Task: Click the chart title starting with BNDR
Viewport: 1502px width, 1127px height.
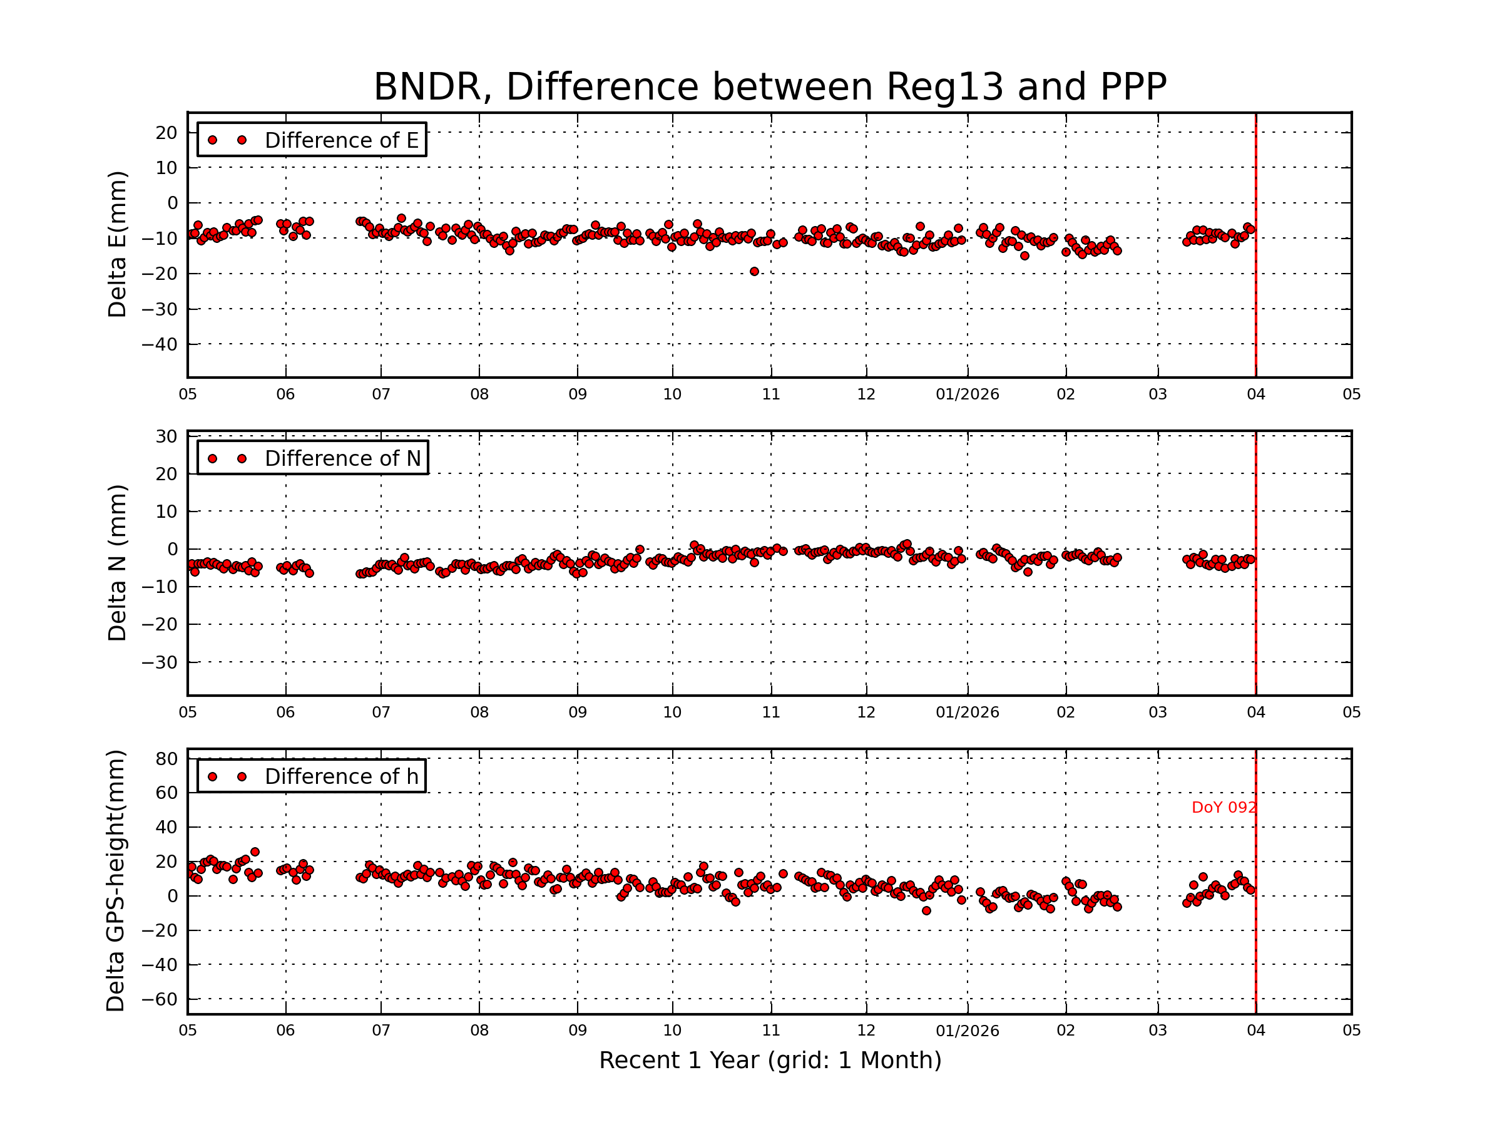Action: click(x=769, y=87)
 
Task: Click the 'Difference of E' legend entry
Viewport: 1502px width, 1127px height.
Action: click(x=341, y=140)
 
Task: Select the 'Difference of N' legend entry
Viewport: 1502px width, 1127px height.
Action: click(x=342, y=458)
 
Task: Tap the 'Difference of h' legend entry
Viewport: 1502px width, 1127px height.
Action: click(x=341, y=776)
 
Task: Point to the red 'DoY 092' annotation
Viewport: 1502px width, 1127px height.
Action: click(x=1223, y=808)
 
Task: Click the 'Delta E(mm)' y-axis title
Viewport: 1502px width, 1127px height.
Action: click(x=117, y=245)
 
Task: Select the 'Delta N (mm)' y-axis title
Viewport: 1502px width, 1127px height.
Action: click(x=117, y=562)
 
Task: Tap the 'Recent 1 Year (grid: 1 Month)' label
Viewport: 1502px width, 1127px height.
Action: click(x=769, y=1061)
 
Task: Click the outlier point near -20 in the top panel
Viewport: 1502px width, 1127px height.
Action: click(x=754, y=272)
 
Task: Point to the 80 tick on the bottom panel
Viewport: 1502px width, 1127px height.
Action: click(x=166, y=759)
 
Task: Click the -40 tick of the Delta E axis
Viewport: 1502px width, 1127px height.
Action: click(x=160, y=344)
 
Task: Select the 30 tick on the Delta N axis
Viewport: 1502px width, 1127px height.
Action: click(x=166, y=436)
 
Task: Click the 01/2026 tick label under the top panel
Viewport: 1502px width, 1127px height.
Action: click(x=967, y=394)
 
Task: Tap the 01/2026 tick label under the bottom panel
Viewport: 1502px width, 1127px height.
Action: click(x=967, y=1031)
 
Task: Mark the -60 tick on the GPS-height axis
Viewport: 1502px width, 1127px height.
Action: click(x=160, y=999)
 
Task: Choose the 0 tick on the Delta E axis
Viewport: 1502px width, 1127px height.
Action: click(x=173, y=203)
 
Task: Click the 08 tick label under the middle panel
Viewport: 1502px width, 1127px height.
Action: click(x=479, y=713)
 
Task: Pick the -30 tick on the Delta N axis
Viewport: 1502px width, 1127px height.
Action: click(x=160, y=662)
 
